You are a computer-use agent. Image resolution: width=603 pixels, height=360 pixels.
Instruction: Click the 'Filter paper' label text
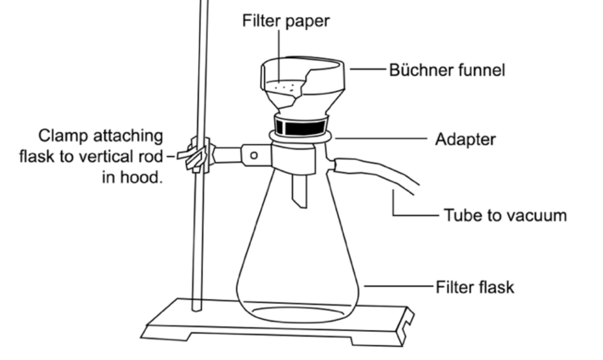pos(286,22)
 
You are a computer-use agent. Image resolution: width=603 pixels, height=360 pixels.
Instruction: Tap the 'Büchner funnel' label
pos(447,70)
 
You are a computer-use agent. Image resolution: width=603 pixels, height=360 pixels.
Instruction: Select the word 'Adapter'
pos(465,140)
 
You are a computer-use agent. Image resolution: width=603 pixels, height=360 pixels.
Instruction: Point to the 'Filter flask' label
pos(474,288)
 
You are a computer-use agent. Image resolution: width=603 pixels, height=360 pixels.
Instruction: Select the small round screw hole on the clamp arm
pos(254,156)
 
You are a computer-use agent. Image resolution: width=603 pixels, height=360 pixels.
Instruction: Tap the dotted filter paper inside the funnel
pos(285,86)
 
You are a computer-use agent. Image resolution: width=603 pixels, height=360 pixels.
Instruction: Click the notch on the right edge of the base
pos(406,319)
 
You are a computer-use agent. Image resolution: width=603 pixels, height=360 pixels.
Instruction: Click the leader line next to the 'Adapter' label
pos(381,140)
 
